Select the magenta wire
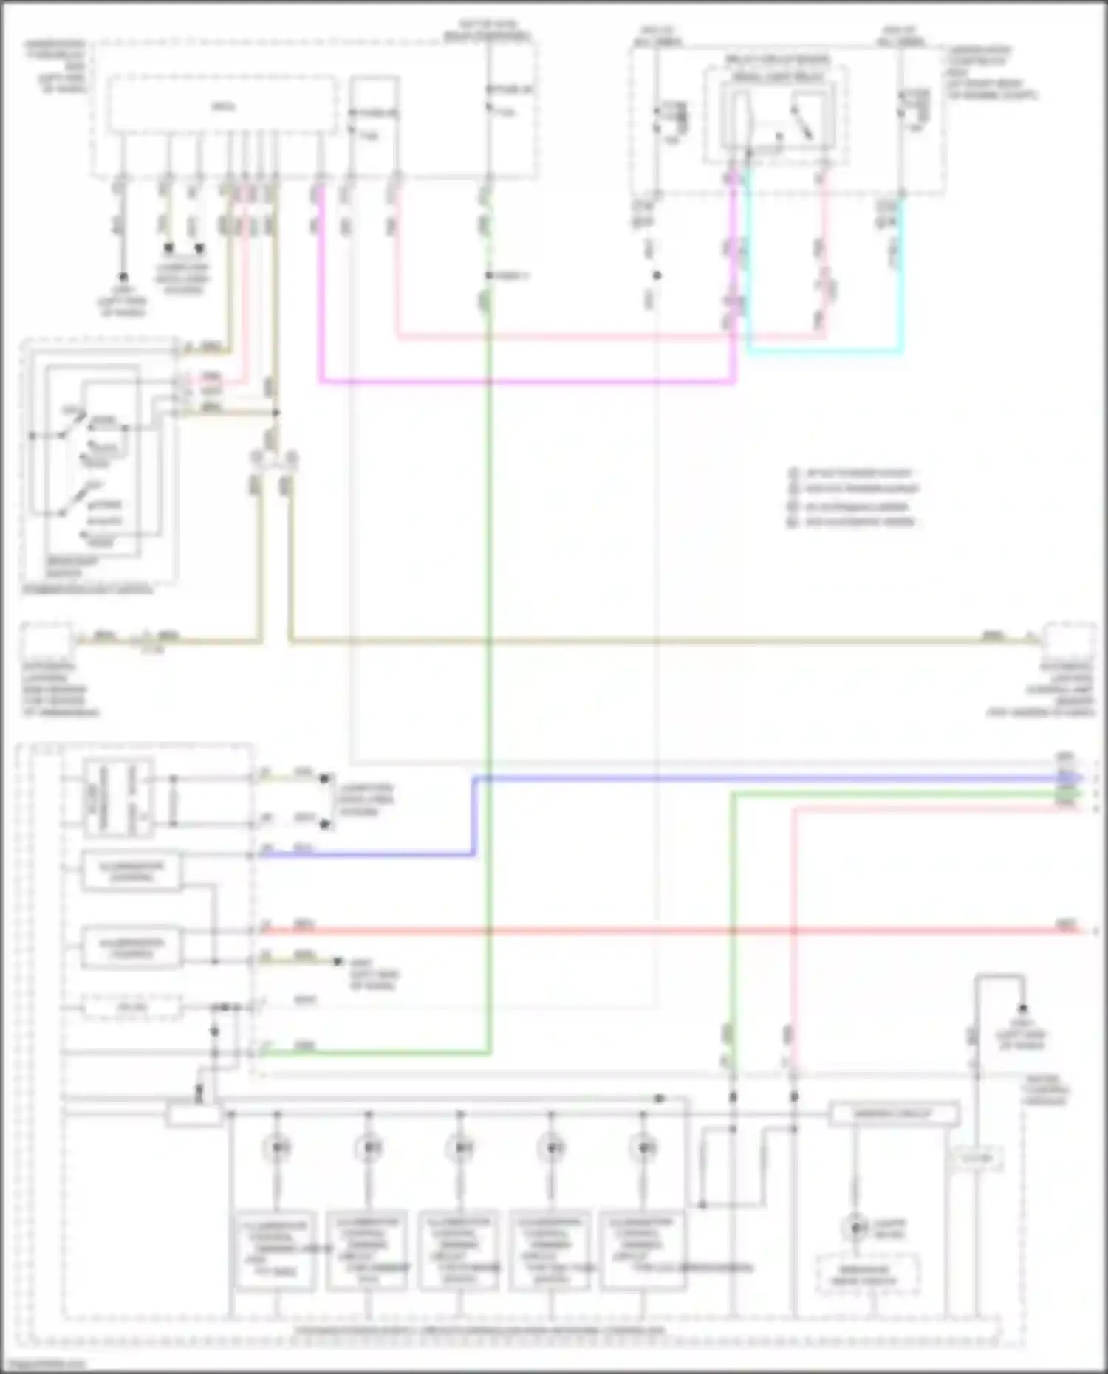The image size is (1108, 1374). (x=517, y=382)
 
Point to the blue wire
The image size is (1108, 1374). (x=739, y=778)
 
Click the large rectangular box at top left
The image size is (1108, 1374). (x=222, y=106)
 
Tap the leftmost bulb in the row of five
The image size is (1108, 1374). (x=278, y=1148)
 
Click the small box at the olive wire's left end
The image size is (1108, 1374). (x=47, y=640)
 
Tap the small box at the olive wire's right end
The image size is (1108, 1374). (x=1068, y=640)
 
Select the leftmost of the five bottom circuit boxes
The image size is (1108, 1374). (x=276, y=1249)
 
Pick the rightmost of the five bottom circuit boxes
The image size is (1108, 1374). (x=641, y=1249)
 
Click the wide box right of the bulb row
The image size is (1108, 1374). (x=894, y=1113)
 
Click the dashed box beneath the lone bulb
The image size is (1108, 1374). (x=866, y=1274)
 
